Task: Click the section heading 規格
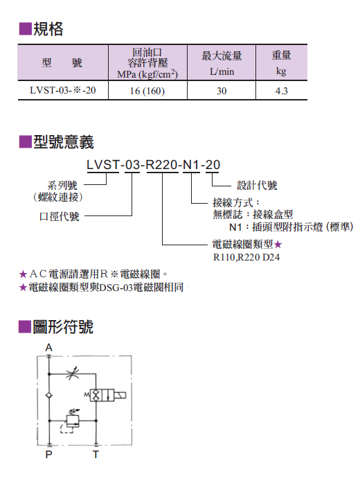point(48,29)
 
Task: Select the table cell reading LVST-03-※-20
point(63,90)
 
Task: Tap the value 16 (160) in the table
point(147,91)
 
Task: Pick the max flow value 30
point(222,91)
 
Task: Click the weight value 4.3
point(281,91)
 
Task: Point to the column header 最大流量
point(222,56)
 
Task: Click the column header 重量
point(281,55)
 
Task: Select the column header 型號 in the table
point(62,63)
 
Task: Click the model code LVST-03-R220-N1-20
point(153,165)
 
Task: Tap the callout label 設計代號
point(257,186)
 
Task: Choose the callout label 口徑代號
point(60,216)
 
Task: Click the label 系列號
point(62,186)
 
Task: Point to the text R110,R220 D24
point(246,257)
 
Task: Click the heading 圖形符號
point(63,327)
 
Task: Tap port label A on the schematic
point(49,348)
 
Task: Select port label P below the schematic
point(49,455)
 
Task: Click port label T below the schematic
point(96,455)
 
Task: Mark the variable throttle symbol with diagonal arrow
point(73,373)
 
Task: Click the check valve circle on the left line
point(49,396)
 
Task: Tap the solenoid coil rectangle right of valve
point(120,396)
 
